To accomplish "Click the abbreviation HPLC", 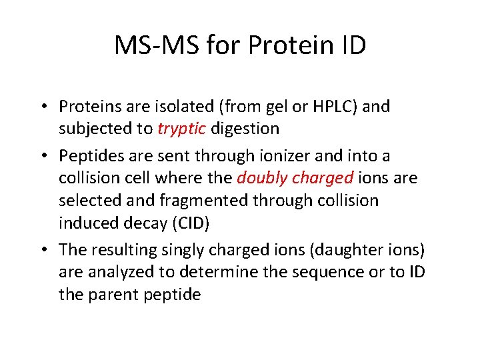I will (x=331, y=107).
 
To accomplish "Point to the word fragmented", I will (x=197, y=201).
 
